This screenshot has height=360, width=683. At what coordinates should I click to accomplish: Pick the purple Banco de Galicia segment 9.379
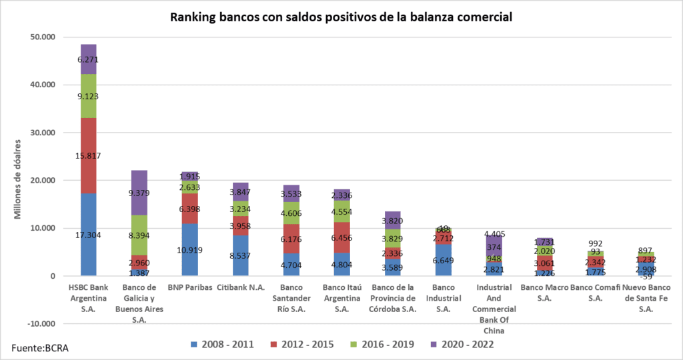click(139, 193)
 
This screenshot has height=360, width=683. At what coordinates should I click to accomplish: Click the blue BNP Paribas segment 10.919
click(189, 249)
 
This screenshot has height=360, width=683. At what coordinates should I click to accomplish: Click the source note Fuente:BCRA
click(40, 347)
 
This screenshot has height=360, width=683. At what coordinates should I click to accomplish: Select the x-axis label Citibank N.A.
click(240, 287)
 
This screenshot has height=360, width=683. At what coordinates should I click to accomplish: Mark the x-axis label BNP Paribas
click(189, 287)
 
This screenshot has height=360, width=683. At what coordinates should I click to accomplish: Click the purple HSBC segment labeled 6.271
click(89, 59)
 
